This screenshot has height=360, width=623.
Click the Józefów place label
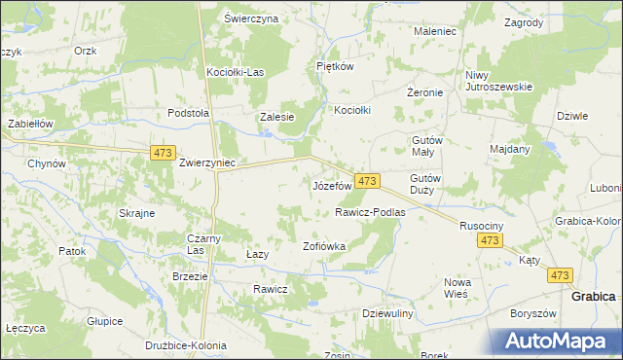coord(331,185)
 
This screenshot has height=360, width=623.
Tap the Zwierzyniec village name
coord(206,163)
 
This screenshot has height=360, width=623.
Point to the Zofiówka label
coord(325,246)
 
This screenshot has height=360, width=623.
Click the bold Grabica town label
coord(593,296)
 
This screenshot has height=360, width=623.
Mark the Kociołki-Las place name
coord(236,72)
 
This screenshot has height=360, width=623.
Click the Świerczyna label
coord(251,18)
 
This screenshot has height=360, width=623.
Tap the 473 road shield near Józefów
coord(366,182)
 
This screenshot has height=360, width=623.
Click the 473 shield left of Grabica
coord(559,276)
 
